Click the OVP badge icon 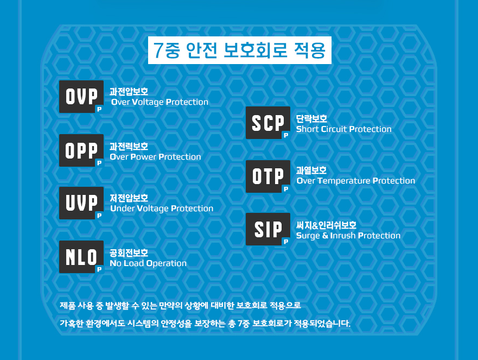pos(81,97)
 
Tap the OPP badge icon pos(81,150)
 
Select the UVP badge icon pos(81,203)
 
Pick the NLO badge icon pos(81,257)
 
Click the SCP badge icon pos(267,123)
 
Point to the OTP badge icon pos(267,176)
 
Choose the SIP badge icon pos(267,230)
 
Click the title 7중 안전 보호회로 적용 pos(239,50)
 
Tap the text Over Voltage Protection pos(160,102)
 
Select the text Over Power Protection pos(155,157)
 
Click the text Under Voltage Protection pos(161,209)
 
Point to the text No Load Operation pos(148,263)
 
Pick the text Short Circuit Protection pos(343,129)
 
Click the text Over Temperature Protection pos(355,181)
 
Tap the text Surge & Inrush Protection pos(348,236)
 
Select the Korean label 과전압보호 pos(129,92)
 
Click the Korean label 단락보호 pos(311,118)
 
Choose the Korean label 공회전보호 pos(129,252)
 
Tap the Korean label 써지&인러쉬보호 pos(326,225)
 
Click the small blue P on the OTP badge pos(286,189)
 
